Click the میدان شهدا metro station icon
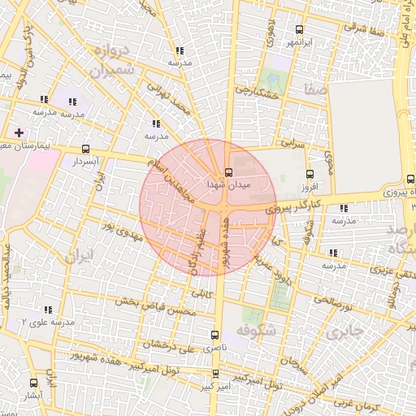point(227,172)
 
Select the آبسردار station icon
point(86,149)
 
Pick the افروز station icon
point(309,174)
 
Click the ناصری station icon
point(215,334)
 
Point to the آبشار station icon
point(33,382)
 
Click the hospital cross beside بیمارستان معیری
point(19,132)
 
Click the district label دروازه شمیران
point(102,61)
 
